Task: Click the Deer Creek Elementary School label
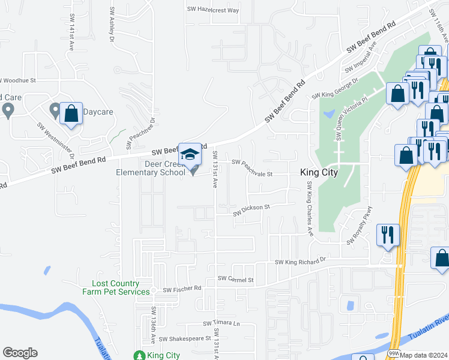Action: click(151, 169)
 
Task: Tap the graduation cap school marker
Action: click(190, 155)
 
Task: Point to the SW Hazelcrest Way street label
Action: click(213, 10)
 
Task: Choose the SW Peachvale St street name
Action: click(252, 168)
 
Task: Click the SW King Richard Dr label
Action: click(300, 262)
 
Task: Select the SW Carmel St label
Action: click(236, 279)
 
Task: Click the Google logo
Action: click(20, 353)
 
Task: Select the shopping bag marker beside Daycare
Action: click(71, 113)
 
